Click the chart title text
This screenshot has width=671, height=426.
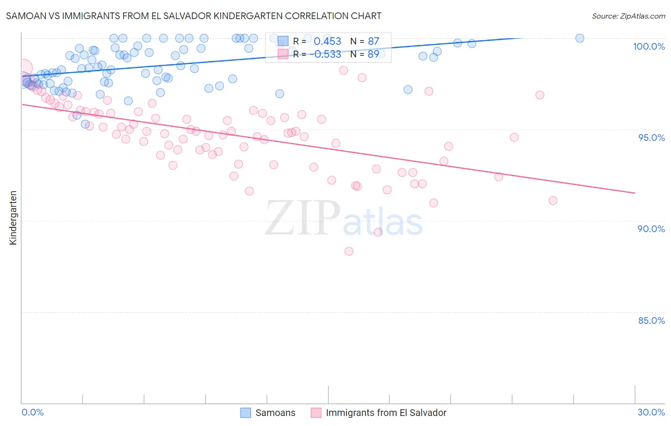[194, 16]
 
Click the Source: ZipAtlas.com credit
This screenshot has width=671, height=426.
[628, 16]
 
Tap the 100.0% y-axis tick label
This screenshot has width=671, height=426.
[649, 46]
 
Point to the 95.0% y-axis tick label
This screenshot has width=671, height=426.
[651, 138]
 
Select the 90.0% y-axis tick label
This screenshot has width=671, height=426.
[651, 229]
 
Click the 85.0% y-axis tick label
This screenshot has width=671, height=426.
[651, 320]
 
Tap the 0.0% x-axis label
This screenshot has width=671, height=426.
[32, 412]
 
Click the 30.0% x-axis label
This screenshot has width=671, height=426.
[651, 412]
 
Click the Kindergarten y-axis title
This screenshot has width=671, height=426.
[13, 218]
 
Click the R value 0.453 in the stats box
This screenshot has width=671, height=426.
[327, 42]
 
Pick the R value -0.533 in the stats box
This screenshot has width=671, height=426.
[325, 54]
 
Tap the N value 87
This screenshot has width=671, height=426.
[373, 42]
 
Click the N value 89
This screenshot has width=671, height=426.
[373, 54]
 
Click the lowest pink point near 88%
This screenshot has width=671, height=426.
[349, 251]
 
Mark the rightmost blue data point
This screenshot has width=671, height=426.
[579, 38]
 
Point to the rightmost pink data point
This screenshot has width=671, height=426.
[553, 201]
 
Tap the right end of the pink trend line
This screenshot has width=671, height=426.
[635, 193]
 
